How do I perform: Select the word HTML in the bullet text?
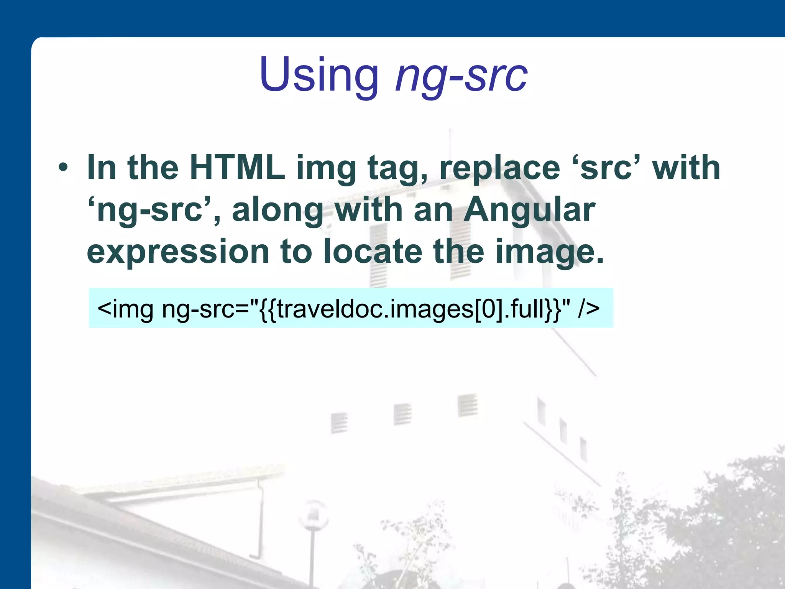point(237,168)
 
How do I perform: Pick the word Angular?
point(529,210)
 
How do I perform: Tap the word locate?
point(372,251)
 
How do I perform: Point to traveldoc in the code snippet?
point(330,309)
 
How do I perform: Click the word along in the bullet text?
point(278,210)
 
